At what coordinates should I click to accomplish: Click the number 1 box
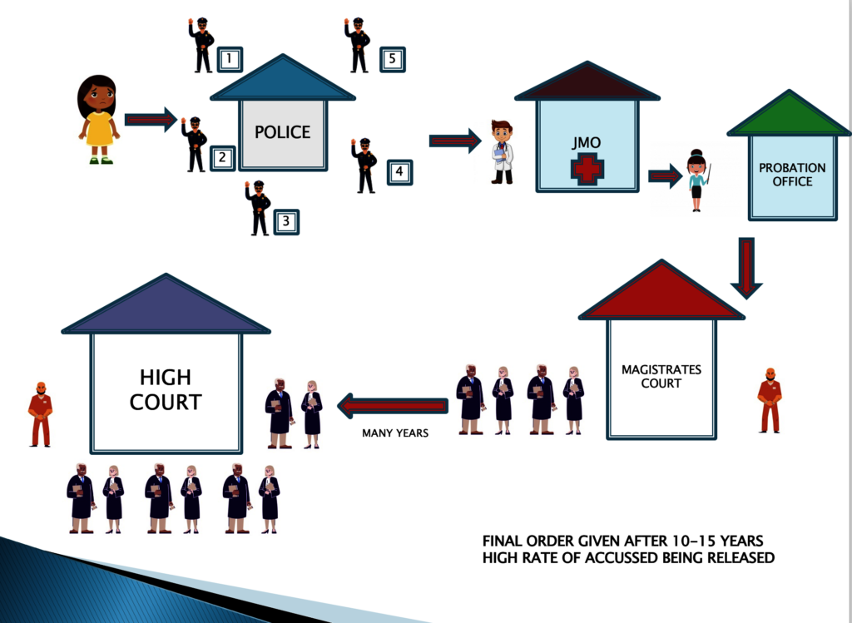230,59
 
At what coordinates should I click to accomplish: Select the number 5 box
393,59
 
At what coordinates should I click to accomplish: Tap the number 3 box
286,221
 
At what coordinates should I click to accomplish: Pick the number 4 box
399,172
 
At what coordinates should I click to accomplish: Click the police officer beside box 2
194,145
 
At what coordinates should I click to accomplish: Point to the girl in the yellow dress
98,120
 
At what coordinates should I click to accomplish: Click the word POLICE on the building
283,132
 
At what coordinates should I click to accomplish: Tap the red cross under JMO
587,169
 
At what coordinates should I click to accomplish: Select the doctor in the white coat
502,152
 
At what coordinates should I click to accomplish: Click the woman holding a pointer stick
698,180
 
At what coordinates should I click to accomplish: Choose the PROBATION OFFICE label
792,175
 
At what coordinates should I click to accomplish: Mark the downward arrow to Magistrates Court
746,268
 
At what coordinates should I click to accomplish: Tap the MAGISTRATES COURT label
661,377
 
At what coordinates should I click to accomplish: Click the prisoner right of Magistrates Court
770,400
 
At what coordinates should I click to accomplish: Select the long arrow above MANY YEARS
393,406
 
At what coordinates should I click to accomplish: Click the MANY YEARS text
395,433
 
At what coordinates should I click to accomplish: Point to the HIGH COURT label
166,389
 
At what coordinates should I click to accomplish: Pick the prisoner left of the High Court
41,414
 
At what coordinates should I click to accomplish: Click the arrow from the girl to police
151,120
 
